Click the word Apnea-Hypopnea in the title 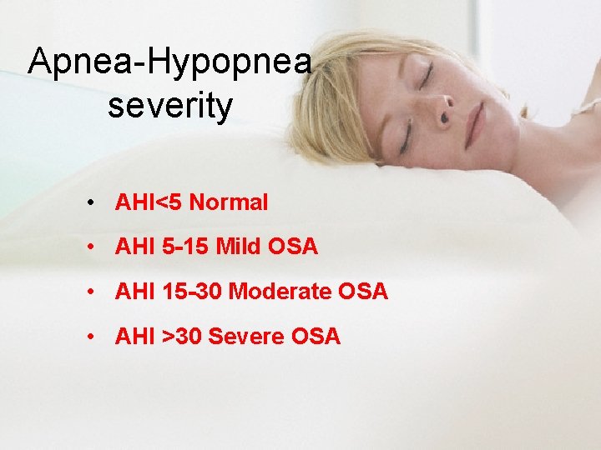click(x=170, y=63)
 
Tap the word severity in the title click(x=170, y=107)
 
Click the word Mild click(x=236, y=247)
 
